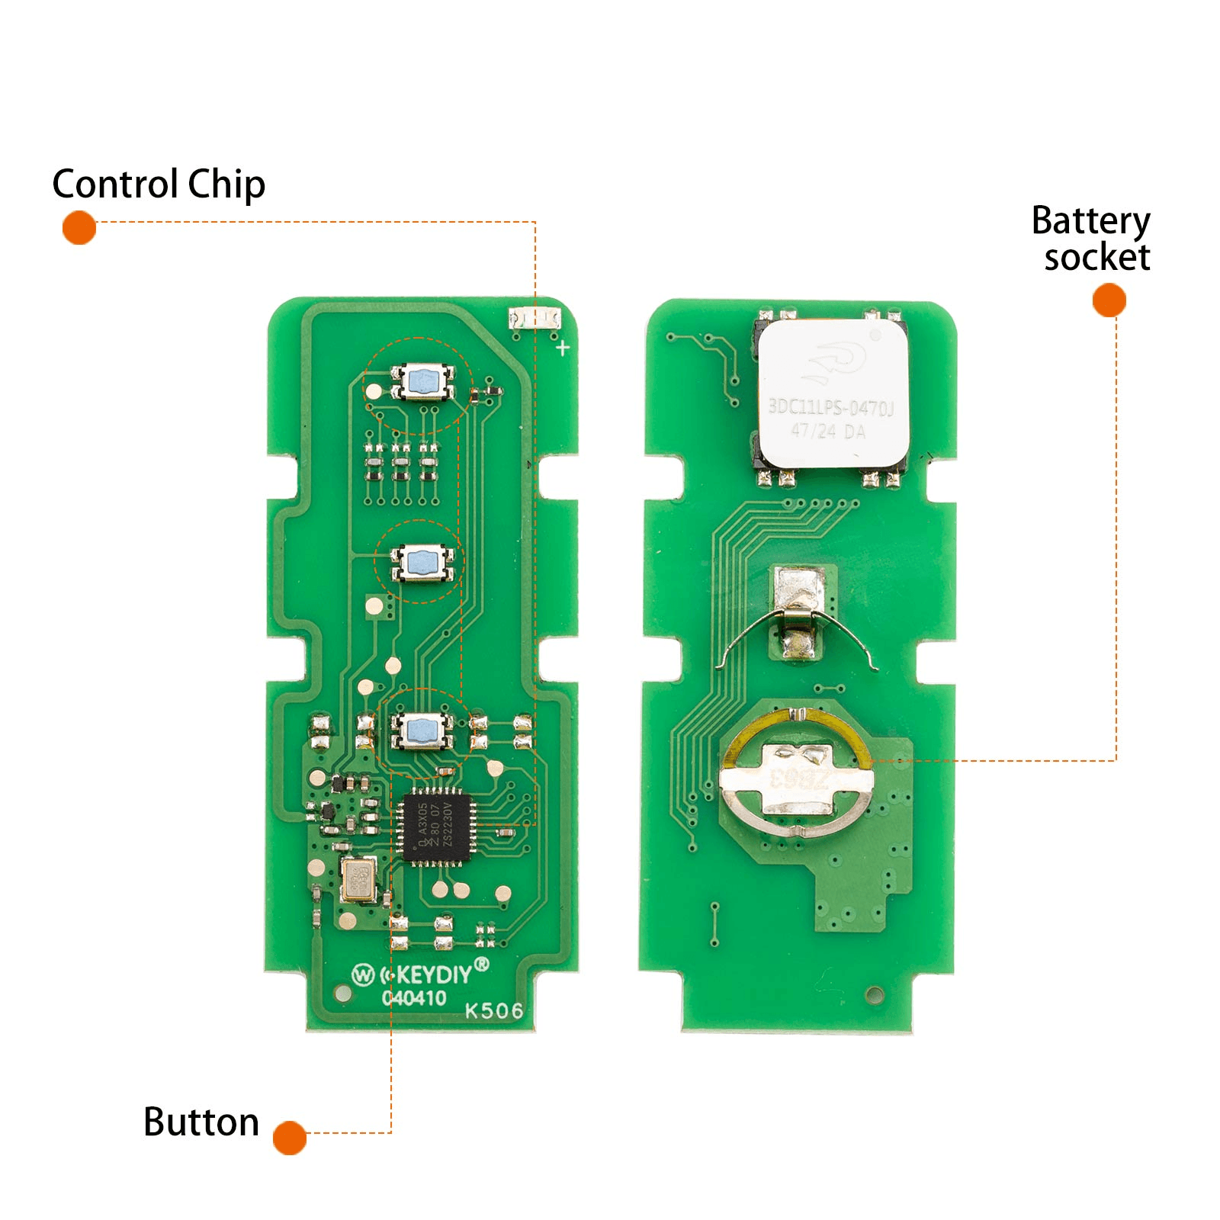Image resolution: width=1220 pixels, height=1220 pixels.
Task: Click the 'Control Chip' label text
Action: (x=159, y=185)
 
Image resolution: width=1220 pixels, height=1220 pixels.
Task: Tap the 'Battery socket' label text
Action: (x=1091, y=239)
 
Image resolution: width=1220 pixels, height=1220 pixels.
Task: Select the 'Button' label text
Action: (x=201, y=1122)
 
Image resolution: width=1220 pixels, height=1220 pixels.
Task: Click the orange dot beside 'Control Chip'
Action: (x=79, y=228)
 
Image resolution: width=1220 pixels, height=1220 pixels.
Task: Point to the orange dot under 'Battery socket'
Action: (x=1109, y=300)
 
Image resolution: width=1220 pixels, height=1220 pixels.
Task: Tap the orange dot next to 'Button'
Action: (x=290, y=1138)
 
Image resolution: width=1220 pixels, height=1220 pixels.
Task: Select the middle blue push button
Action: (x=422, y=563)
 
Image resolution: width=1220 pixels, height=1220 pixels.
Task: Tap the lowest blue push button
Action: (x=422, y=730)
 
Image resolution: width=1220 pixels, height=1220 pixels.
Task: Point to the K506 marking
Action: (x=494, y=1011)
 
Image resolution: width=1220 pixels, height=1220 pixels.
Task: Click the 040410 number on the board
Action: (x=414, y=997)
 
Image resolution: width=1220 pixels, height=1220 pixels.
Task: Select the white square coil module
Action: (x=833, y=393)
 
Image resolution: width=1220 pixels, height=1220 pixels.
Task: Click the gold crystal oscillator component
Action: (x=358, y=879)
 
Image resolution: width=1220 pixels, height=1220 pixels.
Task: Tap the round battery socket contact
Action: (x=797, y=776)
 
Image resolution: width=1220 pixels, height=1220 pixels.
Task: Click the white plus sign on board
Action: (x=563, y=348)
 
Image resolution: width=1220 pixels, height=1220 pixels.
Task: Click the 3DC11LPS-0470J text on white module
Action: (x=830, y=407)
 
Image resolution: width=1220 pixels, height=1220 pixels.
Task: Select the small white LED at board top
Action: (x=535, y=318)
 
